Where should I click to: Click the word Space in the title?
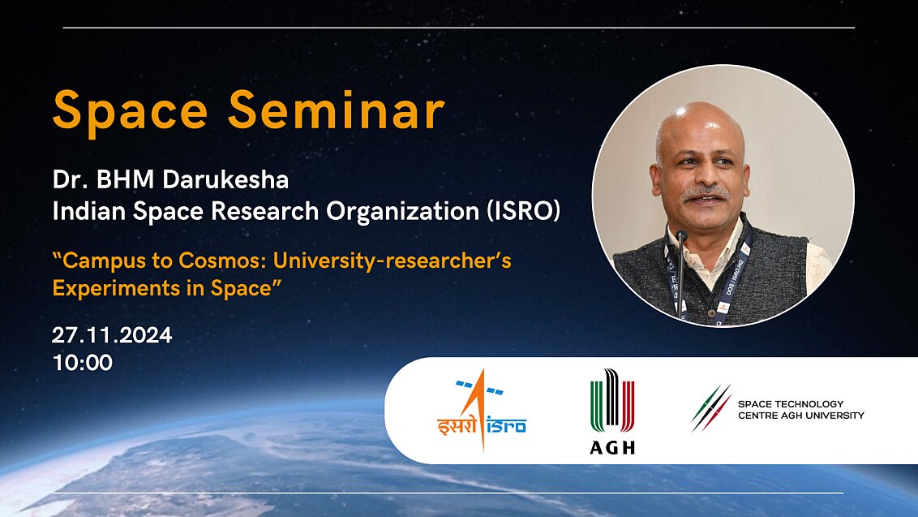tap(131, 110)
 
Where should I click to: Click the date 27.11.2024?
tap(112, 335)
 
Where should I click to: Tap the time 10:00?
tap(83, 362)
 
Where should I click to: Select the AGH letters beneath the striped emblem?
tap(612, 447)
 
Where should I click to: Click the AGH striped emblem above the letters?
tap(612, 400)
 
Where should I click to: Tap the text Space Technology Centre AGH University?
tap(800, 410)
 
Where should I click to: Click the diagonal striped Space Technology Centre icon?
tap(711, 408)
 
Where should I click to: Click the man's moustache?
tap(703, 195)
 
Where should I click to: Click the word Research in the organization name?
tap(263, 211)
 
